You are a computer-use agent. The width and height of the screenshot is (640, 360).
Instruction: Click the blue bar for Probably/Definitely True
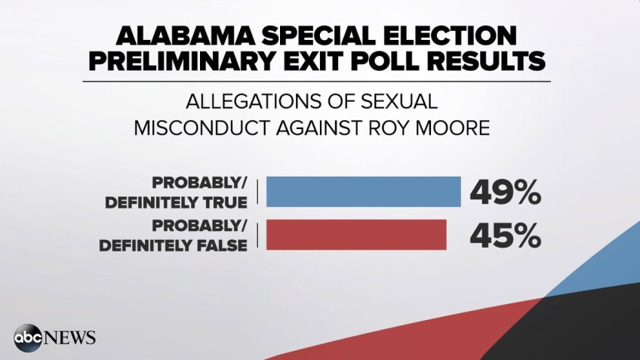point(363,192)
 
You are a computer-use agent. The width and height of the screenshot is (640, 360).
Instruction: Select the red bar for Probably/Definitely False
point(356,234)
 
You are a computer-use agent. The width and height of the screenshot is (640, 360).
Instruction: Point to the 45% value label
point(506,235)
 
